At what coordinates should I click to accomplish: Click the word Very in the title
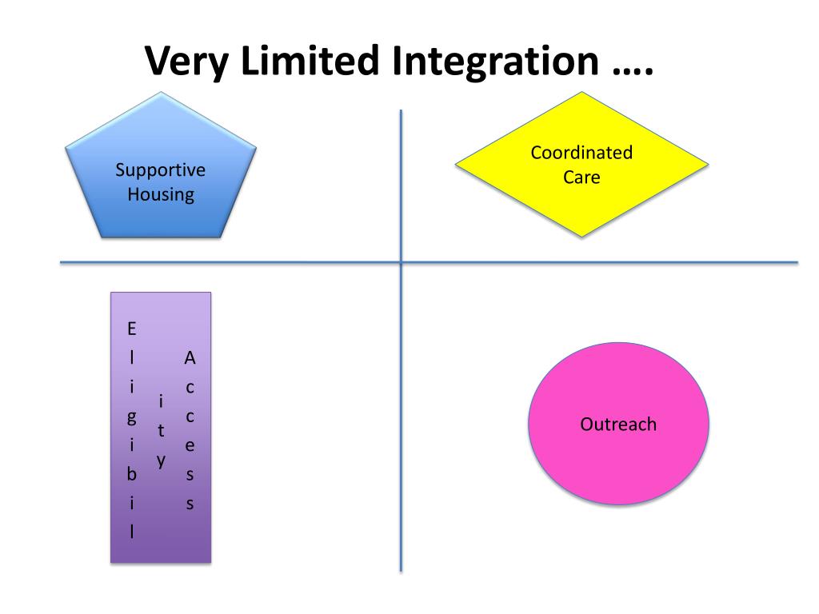188,62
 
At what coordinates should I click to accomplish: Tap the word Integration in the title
494,62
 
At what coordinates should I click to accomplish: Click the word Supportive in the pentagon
160,170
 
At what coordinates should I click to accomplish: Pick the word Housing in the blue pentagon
160,194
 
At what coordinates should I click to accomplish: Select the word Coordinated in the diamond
581,153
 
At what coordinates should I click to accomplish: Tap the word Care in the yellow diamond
581,177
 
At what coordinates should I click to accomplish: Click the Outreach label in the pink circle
618,425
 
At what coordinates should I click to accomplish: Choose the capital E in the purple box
132,329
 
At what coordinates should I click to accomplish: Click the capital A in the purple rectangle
190,358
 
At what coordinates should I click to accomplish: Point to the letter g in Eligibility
132,417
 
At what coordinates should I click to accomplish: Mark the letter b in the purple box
132,475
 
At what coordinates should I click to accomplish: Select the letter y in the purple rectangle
161,460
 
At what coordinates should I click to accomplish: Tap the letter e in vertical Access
190,446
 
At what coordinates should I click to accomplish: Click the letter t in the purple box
161,431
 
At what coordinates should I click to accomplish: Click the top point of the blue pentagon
160,93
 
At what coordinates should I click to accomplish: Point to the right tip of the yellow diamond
708,165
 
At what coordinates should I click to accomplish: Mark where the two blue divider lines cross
401,262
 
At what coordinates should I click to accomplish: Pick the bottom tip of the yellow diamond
581,236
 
